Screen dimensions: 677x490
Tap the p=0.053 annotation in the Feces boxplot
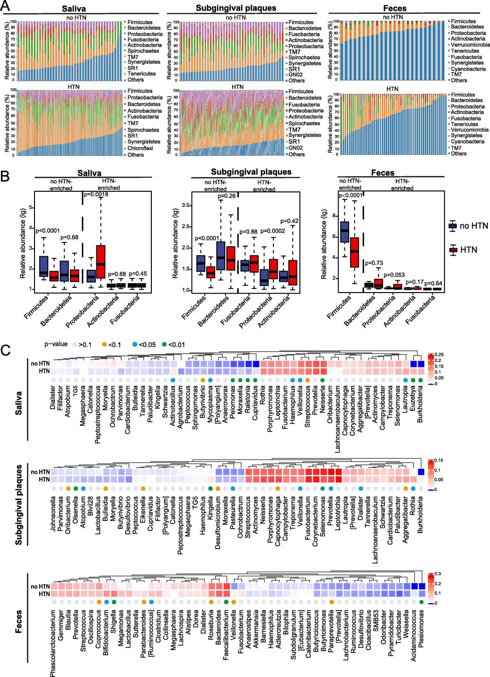[395, 275]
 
